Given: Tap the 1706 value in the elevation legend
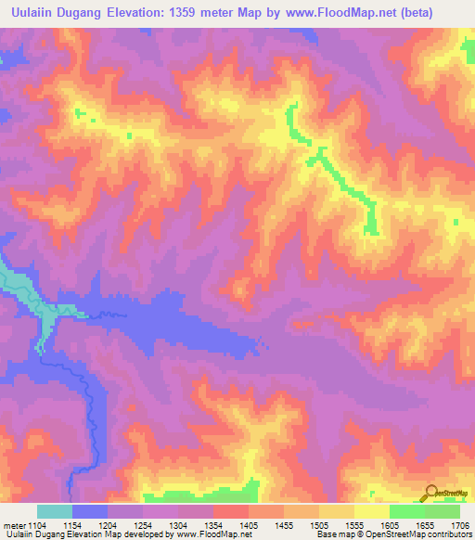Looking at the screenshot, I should [457, 525].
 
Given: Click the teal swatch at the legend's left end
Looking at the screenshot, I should [55, 511].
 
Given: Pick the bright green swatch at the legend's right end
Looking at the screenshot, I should [442, 511].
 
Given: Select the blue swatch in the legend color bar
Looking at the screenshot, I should [90, 511].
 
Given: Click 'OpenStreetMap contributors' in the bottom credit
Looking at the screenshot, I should [423, 534].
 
